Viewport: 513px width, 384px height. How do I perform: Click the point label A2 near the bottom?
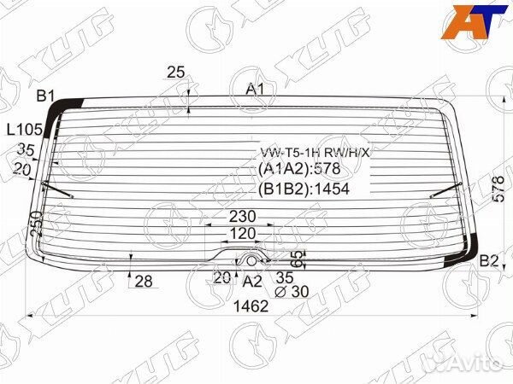252,280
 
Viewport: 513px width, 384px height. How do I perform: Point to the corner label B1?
44,96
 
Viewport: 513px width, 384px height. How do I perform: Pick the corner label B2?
488,261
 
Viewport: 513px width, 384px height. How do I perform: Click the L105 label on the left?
25,130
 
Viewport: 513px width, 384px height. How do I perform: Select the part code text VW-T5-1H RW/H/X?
315,153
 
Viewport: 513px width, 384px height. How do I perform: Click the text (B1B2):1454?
304,189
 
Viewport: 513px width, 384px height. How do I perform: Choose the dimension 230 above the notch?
242,217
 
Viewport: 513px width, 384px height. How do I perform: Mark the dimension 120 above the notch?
242,234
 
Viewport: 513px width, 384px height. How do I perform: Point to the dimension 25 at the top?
176,73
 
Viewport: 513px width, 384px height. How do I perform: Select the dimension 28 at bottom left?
143,282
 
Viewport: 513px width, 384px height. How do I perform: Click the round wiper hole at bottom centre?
252,259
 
